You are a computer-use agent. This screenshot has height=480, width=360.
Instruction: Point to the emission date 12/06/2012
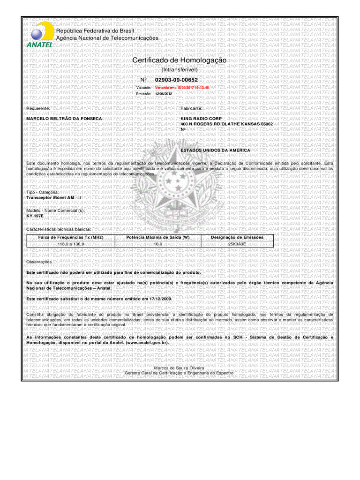coord(164,94)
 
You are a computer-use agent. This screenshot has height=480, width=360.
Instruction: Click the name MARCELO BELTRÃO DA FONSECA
coord(64,119)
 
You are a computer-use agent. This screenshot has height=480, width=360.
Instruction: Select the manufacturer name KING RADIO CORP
coord(201,119)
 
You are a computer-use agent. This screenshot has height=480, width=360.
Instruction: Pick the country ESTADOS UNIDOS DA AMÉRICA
coord(215,150)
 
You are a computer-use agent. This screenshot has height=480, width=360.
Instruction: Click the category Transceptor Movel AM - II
coord(54,198)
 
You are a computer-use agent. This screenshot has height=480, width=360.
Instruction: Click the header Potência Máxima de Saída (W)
coord(158,238)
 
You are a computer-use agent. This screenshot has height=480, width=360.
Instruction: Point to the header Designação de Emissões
coord(237,238)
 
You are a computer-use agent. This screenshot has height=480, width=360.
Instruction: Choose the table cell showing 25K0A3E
coord(237,244)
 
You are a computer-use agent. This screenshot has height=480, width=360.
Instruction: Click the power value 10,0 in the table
coord(158,244)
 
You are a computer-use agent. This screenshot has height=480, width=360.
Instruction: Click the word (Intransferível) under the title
coord(180,69)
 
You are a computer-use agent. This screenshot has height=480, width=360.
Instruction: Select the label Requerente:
coord(38,108)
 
